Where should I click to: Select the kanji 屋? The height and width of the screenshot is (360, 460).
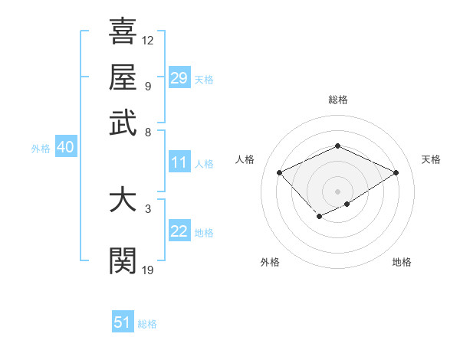(123, 77)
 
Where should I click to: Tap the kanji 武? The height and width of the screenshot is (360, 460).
(123, 123)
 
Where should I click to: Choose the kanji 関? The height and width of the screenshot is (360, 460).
(123, 261)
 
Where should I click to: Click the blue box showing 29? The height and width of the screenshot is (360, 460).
(179, 78)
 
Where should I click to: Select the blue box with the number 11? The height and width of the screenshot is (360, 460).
(179, 162)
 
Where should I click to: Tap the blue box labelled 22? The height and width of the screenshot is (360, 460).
(179, 232)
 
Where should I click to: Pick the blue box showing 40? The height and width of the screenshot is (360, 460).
(65, 148)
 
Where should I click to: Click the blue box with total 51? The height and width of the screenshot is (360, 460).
(123, 322)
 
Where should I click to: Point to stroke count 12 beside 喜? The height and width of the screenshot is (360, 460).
(148, 40)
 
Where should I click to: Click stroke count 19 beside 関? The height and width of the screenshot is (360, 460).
(148, 269)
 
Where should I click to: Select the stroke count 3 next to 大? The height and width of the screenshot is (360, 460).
(147, 208)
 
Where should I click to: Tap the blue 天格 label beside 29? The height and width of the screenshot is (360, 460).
(204, 80)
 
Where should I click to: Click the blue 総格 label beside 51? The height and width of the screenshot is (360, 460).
(147, 324)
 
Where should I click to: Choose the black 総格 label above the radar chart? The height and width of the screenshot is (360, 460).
(337, 100)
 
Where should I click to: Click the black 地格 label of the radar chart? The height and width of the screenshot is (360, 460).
(402, 262)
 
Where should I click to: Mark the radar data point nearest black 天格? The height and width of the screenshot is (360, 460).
(396, 173)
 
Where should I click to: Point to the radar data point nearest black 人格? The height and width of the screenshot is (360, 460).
(280, 173)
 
